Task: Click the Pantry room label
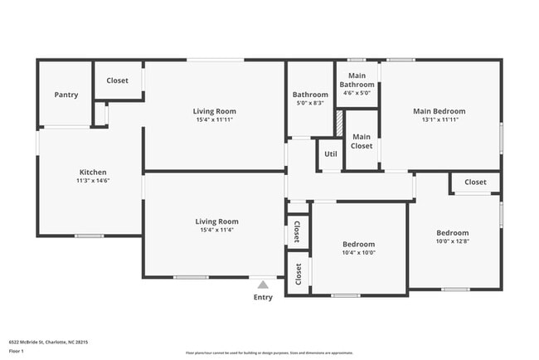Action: point(66,95)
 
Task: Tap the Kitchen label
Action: point(92,173)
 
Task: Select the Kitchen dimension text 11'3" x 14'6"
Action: point(92,181)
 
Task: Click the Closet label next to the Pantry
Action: point(117,81)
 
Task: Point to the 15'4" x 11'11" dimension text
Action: point(215,120)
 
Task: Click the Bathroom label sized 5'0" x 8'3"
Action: point(309,95)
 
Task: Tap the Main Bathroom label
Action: point(357,80)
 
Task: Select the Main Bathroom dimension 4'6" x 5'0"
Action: point(357,93)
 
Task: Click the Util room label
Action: point(330,153)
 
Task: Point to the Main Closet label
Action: point(362,141)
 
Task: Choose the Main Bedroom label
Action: point(439,111)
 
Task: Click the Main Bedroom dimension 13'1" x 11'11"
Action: point(439,119)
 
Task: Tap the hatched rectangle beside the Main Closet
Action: point(339,123)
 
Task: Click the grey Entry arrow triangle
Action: point(263,285)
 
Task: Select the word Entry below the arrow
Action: point(263,297)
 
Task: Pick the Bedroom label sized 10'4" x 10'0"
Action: point(358,245)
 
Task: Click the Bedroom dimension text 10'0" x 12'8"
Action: point(453,241)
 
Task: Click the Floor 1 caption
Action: point(17,351)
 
